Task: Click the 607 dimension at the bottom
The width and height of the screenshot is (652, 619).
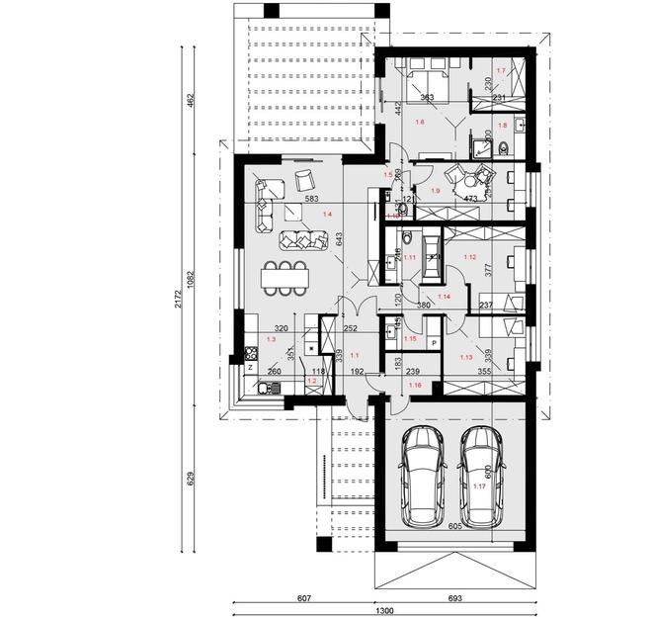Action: pyautogui.click(x=302, y=599)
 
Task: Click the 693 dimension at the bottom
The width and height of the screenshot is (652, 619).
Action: pyautogui.click(x=455, y=599)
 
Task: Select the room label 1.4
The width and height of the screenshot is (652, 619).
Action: pyautogui.click(x=326, y=213)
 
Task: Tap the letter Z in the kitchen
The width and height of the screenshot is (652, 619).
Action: pyautogui.click(x=251, y=367)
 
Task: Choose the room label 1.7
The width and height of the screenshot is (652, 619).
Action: pyautogui.click(x=501, y=71)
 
